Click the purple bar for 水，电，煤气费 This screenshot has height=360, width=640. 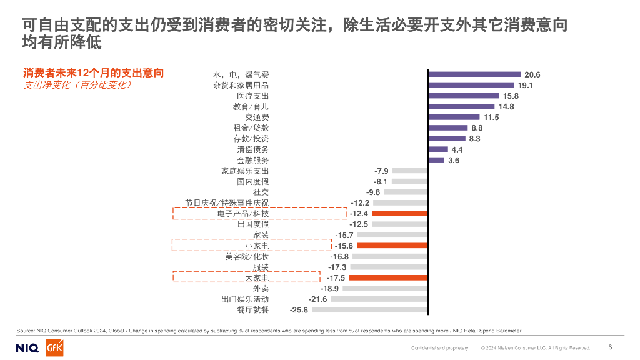point(474,74)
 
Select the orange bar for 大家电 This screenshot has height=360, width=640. point(388,277)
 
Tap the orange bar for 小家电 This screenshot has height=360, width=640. point(392,246)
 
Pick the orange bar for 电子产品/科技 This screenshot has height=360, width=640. point(399,213)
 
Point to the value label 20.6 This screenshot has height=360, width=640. point(532,74)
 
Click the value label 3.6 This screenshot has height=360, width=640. point(454,160)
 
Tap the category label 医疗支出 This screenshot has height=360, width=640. point(252,96)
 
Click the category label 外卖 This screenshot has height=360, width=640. point(261,289)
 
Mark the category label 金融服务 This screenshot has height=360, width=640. point(252,160)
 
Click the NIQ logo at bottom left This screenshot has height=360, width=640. point(27,347)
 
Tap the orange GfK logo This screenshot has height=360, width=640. point(54,347)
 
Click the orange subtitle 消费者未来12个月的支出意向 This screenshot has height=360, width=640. point(93,73)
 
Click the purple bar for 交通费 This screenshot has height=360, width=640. point(454,117)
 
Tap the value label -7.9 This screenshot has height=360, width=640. point(381,171)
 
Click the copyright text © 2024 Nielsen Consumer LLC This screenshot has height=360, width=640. point(535,347)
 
